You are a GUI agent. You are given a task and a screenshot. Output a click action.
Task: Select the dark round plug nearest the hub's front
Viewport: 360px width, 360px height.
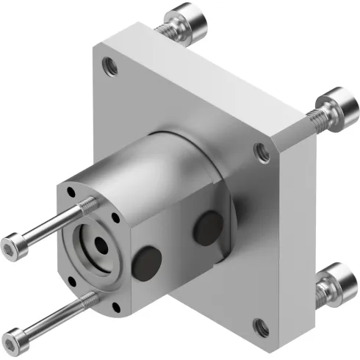coord(148,259)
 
